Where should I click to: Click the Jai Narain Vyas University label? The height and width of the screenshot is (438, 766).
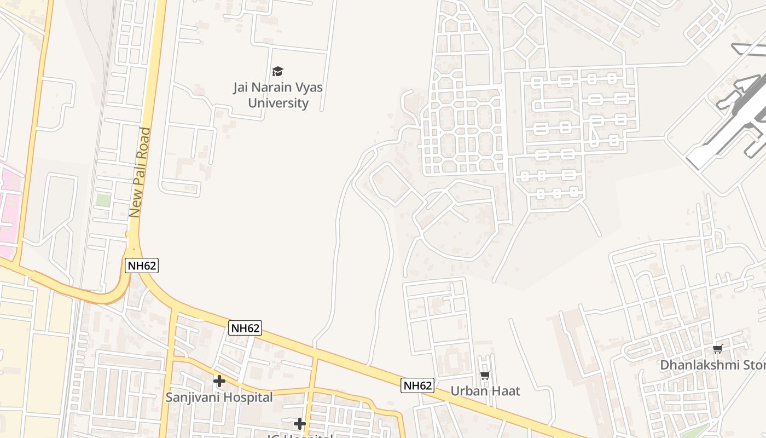click(278, 95)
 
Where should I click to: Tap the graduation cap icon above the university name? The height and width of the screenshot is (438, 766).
click(278, 71)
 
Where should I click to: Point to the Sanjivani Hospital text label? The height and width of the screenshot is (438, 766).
click(219, 397)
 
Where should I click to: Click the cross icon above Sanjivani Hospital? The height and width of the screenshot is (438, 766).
click(219, 381)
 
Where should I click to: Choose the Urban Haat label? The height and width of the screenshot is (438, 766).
click(485, 391)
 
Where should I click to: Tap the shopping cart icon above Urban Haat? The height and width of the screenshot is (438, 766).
click(485, 375)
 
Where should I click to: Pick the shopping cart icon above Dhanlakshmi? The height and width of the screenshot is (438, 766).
click(717, 349)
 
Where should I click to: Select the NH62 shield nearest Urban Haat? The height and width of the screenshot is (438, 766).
click(417, 385)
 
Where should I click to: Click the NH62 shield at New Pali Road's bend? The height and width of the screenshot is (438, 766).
click(142, 266)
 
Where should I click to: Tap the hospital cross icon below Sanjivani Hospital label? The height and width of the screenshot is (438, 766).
click(299, 423)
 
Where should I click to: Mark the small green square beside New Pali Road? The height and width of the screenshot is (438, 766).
click(103, 200)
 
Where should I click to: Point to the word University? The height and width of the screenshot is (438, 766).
click(278, 103)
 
